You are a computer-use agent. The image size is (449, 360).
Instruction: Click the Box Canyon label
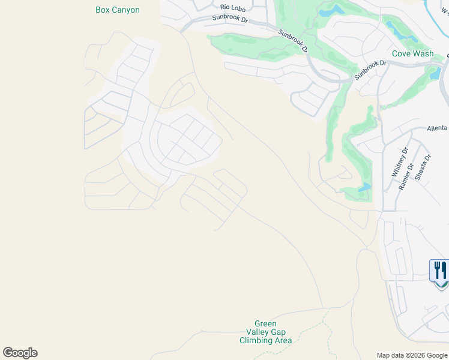pyautogui.click(x=118, y=10)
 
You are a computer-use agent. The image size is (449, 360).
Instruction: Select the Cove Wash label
pyautogui.click(x=412, y=53)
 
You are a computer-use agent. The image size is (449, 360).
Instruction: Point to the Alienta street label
pyautogui.click(x=437, y=128)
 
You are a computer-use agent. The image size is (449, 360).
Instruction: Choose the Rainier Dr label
pyautogui.click(x=406, y=177)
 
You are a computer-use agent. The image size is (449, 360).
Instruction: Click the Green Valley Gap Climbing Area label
pyautogui.click(x=265, y=332)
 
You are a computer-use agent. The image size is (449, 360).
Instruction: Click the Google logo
pyautogui.click(x=20, y=352)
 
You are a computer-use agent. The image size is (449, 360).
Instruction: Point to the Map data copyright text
pyautogui.click(x=412, y=355)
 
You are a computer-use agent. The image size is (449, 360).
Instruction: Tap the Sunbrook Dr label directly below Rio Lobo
pyautogui.click(x=230, y=19)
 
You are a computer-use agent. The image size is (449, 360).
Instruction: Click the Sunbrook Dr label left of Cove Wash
pyautogui.click(x=371, y=69)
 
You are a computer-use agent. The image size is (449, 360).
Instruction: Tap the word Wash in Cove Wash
pyautogui.click(x=424, y=53)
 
